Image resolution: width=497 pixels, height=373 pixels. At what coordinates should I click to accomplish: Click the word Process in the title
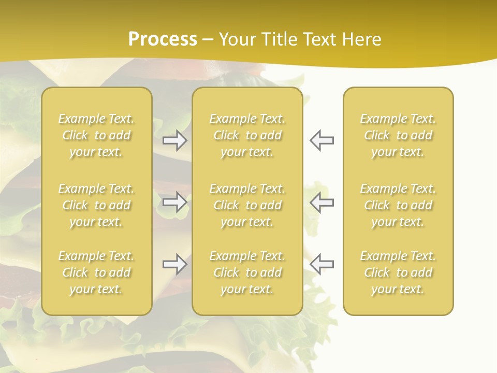pos(163,39)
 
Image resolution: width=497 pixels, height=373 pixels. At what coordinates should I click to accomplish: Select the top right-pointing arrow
pos(174,140)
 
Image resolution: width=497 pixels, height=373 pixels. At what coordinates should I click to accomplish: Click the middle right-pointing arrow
pos(174,202)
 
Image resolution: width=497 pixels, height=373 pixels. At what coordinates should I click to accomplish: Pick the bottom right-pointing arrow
pos(174,264)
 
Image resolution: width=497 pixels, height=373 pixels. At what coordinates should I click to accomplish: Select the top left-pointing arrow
pos(321,140)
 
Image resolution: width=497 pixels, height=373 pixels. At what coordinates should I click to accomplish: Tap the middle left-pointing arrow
pos(321,202)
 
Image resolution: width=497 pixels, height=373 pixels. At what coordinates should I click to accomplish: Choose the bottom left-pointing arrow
pos(321,264)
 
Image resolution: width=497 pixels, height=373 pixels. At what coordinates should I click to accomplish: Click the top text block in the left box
pos(96,135)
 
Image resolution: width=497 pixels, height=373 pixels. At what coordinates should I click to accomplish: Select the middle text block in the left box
pos(96,205)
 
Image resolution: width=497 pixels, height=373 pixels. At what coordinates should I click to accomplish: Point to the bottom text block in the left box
pos(96,272)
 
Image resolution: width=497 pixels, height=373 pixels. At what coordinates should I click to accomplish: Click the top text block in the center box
pos(247,135)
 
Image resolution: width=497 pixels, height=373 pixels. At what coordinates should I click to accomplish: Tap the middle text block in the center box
pos(247,205)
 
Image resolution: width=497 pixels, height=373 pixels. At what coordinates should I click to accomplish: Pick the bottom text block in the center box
pos(247,272)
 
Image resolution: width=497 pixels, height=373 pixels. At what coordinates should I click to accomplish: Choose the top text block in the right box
pos(398,135)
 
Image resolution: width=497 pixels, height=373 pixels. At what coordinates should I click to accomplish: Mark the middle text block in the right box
pos(398,205)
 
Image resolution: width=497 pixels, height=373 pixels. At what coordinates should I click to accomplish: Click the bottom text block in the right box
pos(398,272)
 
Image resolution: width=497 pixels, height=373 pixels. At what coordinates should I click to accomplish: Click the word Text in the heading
pos(319,39)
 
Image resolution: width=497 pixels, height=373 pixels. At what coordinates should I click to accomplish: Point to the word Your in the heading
pos(237,39)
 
